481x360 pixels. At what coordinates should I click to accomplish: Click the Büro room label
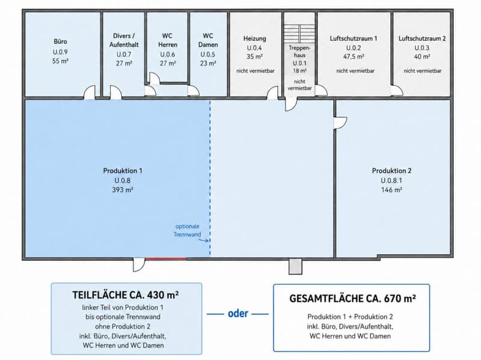pos(60,41)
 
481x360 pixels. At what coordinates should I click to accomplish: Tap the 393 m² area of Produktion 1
pos(123,190)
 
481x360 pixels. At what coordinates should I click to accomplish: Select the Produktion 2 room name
pos(392,171)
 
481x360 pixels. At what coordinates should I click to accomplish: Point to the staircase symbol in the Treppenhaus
pos(299,34)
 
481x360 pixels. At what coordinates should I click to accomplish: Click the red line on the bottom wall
pos(166,259)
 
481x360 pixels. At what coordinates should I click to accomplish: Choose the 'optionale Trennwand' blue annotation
pos(188,230)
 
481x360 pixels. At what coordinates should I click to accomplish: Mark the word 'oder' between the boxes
pos(237,313)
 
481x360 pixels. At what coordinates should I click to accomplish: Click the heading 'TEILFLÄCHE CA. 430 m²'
pos(126,294)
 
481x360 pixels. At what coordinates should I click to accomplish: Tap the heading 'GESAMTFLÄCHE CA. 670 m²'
pos(352,298)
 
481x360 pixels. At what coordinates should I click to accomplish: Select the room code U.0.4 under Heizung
pos(254,48)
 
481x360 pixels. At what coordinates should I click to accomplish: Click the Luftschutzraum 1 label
pos(354,38)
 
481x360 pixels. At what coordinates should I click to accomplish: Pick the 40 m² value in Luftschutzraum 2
pos(422,56)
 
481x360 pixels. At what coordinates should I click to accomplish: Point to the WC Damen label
pos(208,40)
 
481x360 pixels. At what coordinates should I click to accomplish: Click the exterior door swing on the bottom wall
pos(138,265)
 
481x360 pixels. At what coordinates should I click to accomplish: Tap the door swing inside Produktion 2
pos(340,123)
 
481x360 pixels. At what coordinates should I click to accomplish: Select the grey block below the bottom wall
pos(295,266)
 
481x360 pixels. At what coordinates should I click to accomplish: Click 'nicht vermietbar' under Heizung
pos(255,71)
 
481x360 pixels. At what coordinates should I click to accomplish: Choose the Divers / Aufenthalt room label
pos(124,40)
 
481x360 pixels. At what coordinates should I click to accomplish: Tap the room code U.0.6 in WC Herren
pos(168,54)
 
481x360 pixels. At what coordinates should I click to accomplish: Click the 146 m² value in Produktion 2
pos(392,190)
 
